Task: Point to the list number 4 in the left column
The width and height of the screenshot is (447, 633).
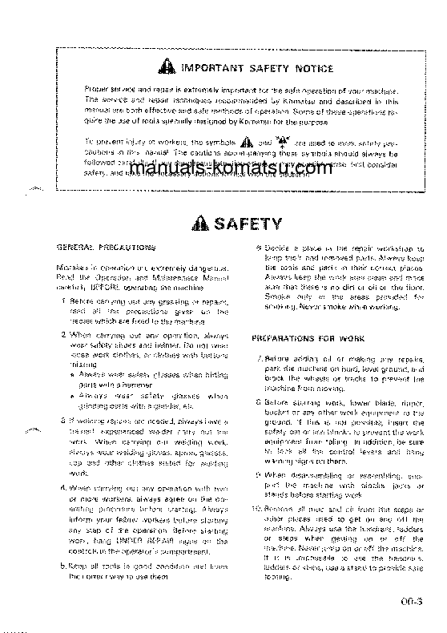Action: [x=64, y=487]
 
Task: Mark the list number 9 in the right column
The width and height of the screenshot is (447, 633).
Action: [x=258, y=474]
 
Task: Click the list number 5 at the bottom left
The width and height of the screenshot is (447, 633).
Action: [x=64, y=565]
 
